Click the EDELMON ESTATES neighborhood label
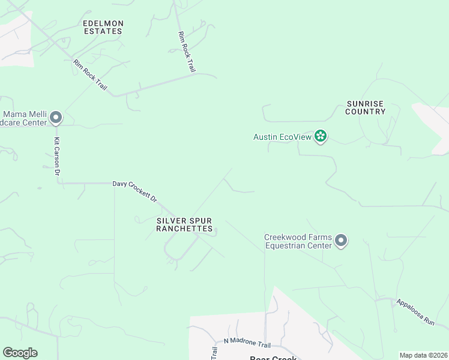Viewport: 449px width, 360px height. point(103,27)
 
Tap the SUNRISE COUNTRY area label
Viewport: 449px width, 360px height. point(366,107)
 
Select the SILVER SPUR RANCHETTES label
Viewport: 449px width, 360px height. point(184,224)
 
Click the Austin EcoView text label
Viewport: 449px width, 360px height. point(282,137)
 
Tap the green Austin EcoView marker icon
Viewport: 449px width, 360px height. point(321,137)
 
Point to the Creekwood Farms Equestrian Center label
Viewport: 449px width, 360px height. point(298,241)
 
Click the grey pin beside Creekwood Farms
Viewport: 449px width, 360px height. point(341,241)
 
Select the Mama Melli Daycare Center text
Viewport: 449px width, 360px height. point(24,118)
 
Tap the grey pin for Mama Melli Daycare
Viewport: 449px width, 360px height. point(56,118)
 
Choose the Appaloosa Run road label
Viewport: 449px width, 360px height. point(415,312)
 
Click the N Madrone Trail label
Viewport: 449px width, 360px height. point(247,343)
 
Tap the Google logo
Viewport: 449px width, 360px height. point(20,353)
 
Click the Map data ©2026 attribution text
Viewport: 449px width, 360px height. point(423,355)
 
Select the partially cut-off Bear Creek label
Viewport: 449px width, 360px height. point(273,358)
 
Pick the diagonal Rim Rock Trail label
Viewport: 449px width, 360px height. point(90,75)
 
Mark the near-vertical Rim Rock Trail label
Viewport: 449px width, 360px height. point(187,52)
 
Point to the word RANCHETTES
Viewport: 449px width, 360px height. point(184,229)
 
